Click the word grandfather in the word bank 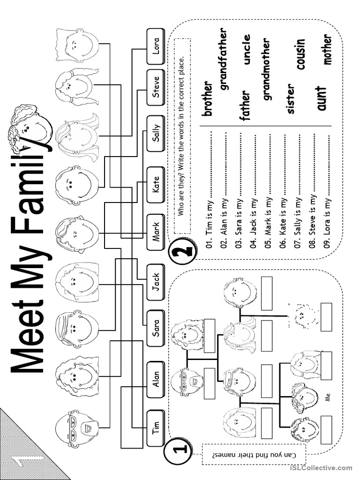[x=224, y=59]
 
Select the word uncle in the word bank [x=247, y=50]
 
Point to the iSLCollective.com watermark [x=321, y=468]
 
